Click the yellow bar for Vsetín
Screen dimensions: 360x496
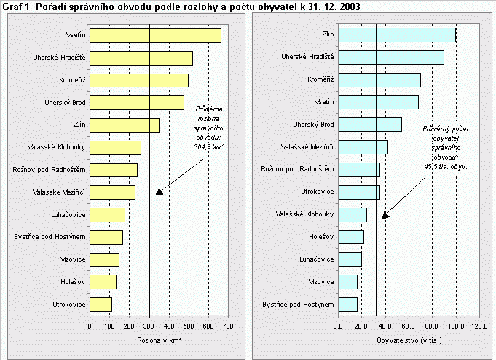[x=154, y=35]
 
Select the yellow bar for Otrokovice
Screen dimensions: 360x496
[x=101, y=304]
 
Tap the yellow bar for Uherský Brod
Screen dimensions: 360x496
[x=136, y=102]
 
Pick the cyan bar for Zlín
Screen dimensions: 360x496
[x=396, y=35]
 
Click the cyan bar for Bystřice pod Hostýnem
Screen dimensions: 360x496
[x=347, y=304]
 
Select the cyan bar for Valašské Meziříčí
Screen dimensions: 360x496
[x=363, y=147]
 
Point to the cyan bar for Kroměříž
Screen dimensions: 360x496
[x=379, y=80]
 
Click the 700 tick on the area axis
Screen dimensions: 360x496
[x=229, y=326]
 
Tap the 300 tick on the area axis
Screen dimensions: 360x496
[x=149, y=326]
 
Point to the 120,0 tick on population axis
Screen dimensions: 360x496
[x=479, y=326]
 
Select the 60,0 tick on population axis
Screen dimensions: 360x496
[x=409, y=326]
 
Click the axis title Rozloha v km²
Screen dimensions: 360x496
[x=159, y=340]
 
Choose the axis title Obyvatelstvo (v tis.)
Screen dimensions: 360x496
[x=407, y=340]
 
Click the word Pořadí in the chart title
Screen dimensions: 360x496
[x=50, y=6]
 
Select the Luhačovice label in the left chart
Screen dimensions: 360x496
[x=67, y=214]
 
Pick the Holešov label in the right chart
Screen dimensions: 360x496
[x=319, y=237]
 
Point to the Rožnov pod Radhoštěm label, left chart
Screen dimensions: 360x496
[x=51, y=170]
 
